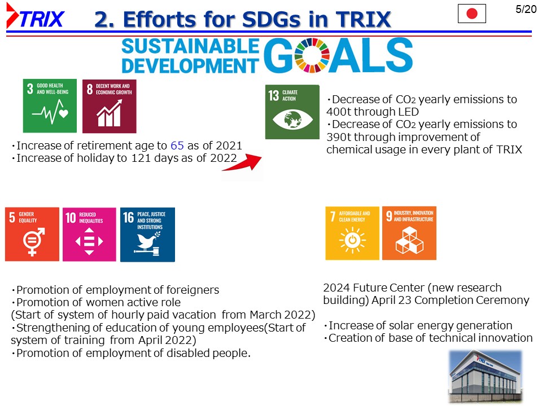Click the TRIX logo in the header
click(x=35, y=16)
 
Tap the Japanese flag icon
click(x=472, y=14)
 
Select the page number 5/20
click(x=526, y=9)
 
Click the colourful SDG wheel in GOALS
click(x=312, y=55)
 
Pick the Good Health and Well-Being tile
click(x=50, y=105)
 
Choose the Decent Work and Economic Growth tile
click(x=109, y=107)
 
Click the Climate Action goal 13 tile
click(x=292, y=112)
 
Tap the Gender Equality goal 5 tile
click(x=32, y=234)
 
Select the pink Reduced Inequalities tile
click(x=89, y=235)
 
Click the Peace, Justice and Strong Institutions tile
click(x=147, y=235)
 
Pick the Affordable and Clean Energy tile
click(x=352, y=233)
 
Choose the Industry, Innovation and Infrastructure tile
click(x=409, y=233)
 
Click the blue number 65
click(x=177, y=145)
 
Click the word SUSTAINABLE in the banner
click(x=190, y=46)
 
